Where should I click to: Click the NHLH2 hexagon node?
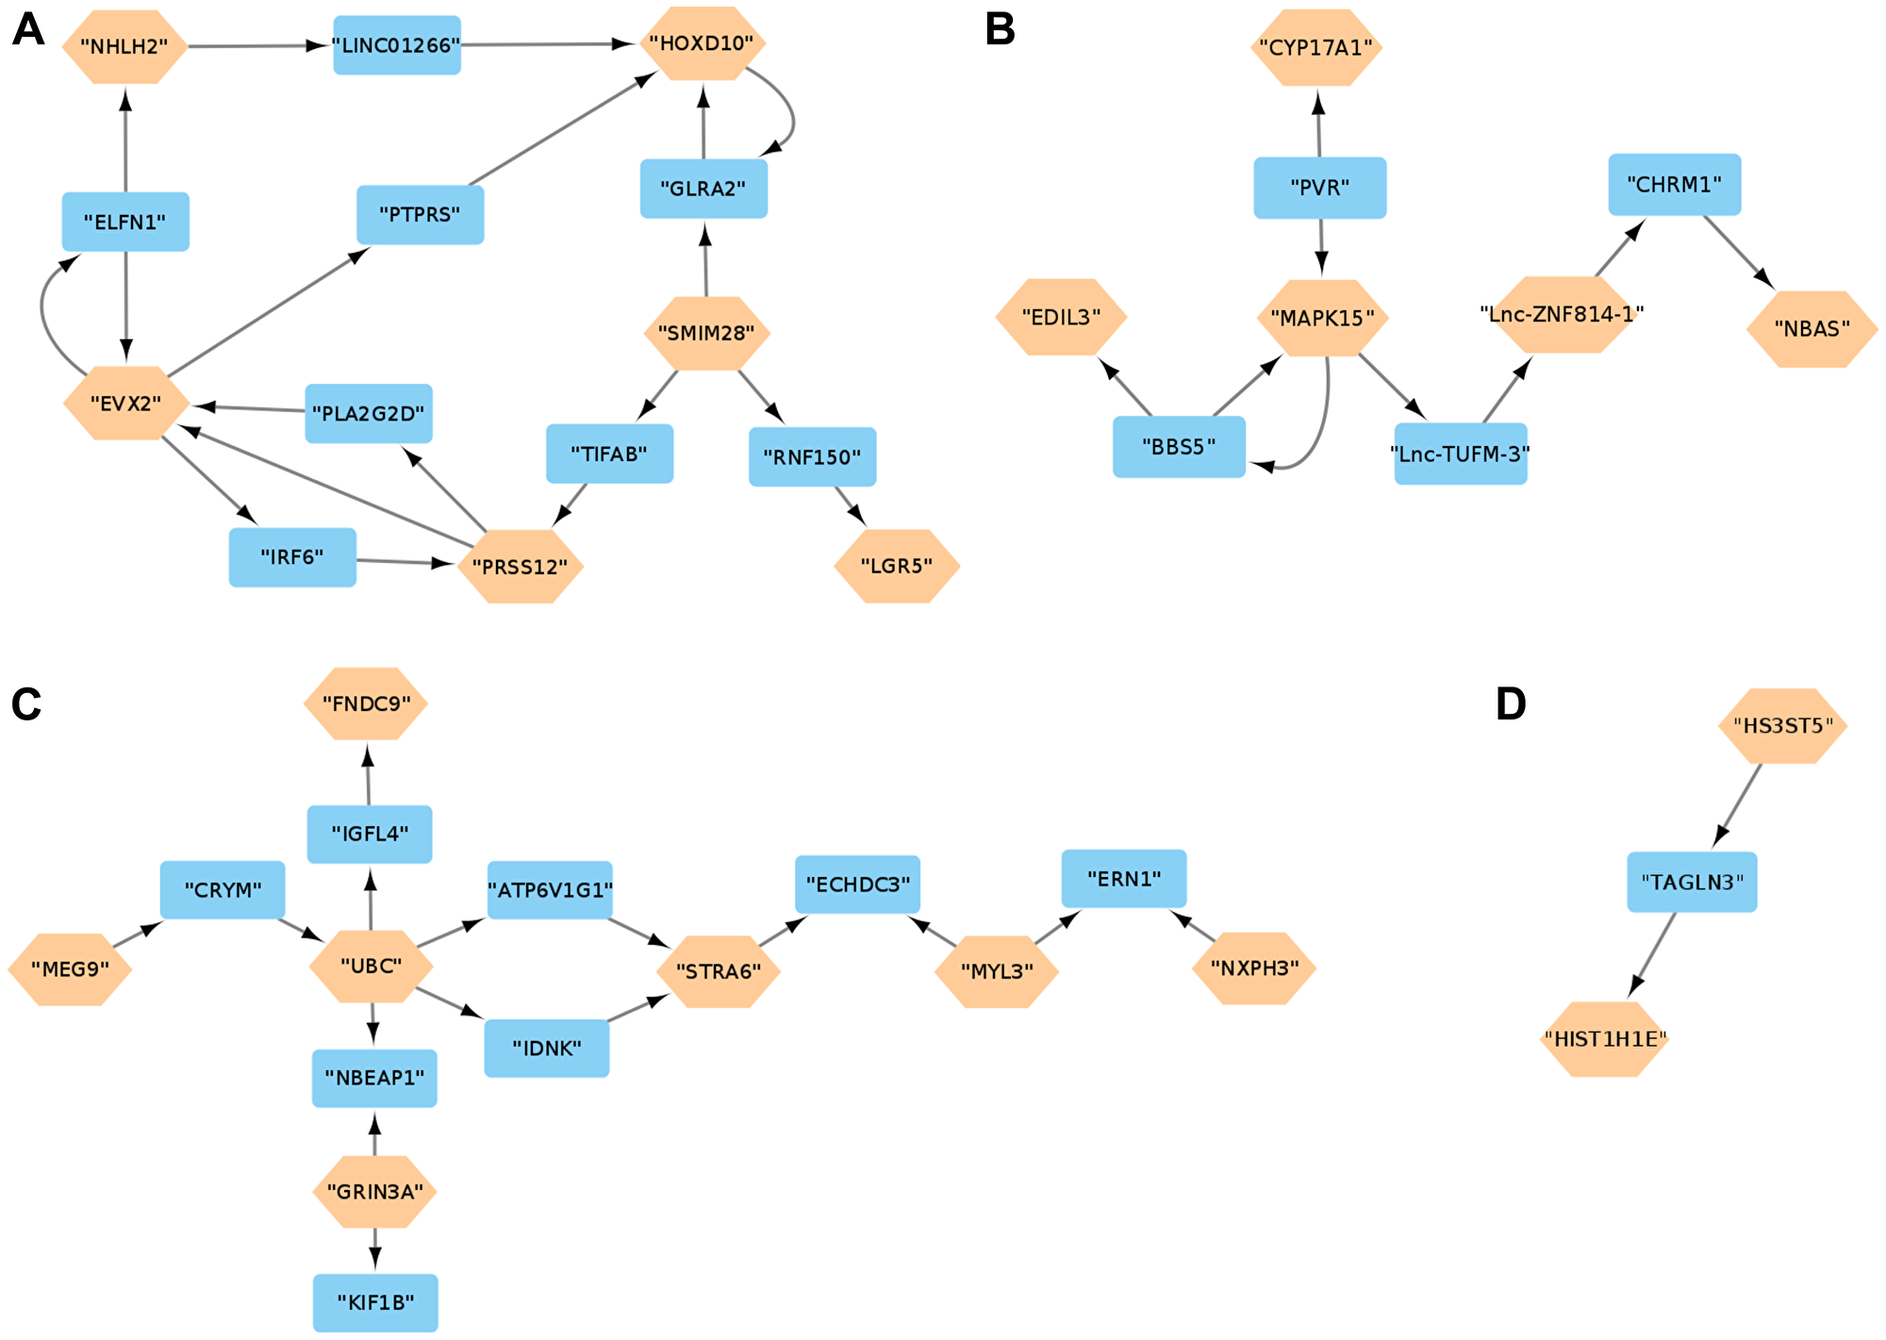[x=124, y=46]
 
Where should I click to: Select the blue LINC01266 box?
[x=397, y=45]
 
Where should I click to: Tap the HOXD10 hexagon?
[x=702, y=43]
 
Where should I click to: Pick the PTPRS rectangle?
[x=420, y=214]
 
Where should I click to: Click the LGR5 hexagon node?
[x=897, y=566]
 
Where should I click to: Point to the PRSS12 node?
[x=520, y=567]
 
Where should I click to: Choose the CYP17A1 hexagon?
[x=1316, y=47]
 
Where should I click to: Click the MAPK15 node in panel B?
[x=1322, y=318]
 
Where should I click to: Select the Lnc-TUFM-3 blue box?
[x=1460, y=454]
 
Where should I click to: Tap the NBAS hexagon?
[x=1812, y=329]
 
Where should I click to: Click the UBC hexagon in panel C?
[x=371, y=966]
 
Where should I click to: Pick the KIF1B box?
[x=375, y=1302]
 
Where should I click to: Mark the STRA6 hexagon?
[x=719, y=971]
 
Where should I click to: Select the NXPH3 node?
[x=1254, y=968]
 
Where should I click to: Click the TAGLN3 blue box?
[x=1692, y=882]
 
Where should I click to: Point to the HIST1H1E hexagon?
[x=1605, y=1039]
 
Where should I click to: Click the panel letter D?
[x=1511, y=704]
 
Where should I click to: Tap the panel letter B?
[x=1000, y=29]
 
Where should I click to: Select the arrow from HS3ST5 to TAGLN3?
[x=1738, y=804]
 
